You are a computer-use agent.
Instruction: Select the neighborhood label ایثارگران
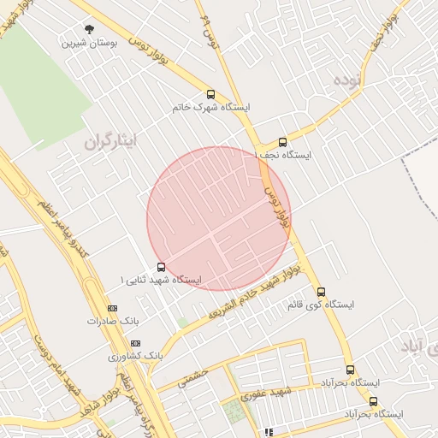[111, 142]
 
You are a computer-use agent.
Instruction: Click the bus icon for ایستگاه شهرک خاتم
[211, 95]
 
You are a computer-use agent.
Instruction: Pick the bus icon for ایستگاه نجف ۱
[283, 143]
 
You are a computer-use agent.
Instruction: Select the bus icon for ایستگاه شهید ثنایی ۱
[162, 267]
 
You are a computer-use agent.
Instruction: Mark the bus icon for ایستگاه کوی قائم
[321, 292]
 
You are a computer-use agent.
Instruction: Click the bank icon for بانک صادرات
[112, 308]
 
